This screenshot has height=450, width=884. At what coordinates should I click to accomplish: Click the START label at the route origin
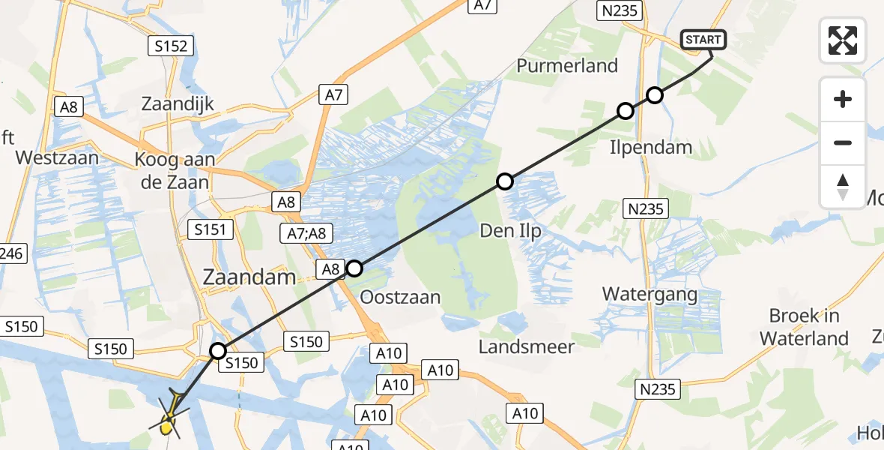click(703, 40)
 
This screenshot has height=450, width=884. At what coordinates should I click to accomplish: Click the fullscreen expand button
click(843, 40)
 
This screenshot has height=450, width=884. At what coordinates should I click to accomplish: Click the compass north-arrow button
click(843, 187)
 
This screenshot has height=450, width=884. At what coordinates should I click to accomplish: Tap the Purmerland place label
click(567, 65)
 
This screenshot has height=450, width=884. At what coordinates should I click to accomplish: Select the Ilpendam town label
click(650, 147)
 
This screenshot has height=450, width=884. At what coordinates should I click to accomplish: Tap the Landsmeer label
click(527, 346)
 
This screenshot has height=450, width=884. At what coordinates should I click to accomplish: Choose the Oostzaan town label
click(400, 297)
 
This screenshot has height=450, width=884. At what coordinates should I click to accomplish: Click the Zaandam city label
click(249, 277)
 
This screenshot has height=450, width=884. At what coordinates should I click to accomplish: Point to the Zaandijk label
click(178, 103)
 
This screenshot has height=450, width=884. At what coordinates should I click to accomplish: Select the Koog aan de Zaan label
click(175, 170)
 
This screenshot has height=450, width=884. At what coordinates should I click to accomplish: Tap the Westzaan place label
click(57, 158)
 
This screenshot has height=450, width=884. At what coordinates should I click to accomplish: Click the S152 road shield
click(171, 46)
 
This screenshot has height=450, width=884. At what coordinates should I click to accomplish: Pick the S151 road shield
click(211, 229)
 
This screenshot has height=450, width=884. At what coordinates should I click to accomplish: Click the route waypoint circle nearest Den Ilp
click(505, 181)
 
